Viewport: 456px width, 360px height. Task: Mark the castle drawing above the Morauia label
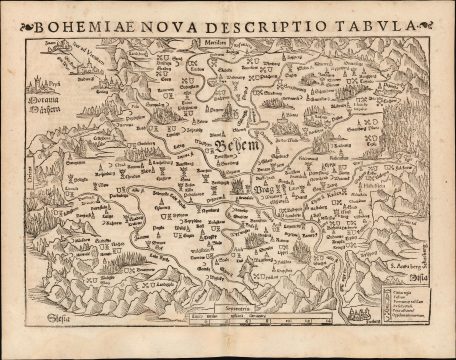(41, 80)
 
